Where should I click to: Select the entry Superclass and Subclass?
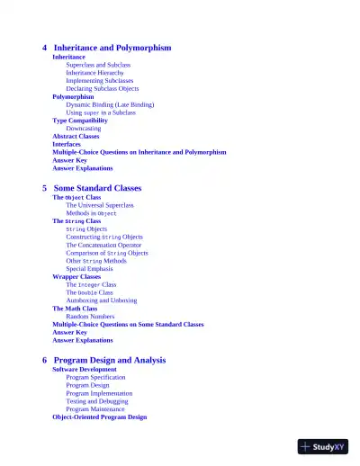(x=98, y=65)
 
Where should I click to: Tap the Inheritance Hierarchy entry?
(x=102, y=73)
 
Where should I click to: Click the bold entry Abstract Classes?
(x=76, y=137)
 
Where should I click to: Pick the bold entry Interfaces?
(x=67, y=144)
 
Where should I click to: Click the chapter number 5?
(x=45, y=188)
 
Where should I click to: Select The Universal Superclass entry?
(x=99, y=205)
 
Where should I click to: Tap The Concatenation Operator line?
(x=103, y=245)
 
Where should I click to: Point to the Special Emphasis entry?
(x=89, y=269)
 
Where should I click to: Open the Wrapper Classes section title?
(x=76, y=277)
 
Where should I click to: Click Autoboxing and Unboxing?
(x=102, y=300)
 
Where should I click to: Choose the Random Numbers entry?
(x=90, y=317)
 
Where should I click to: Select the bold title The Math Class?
(x=75, y=309)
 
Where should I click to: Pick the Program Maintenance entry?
(x=95, y=409)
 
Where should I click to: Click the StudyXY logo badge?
(x=323, y=446)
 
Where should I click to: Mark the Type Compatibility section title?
(x=85, y=121)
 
